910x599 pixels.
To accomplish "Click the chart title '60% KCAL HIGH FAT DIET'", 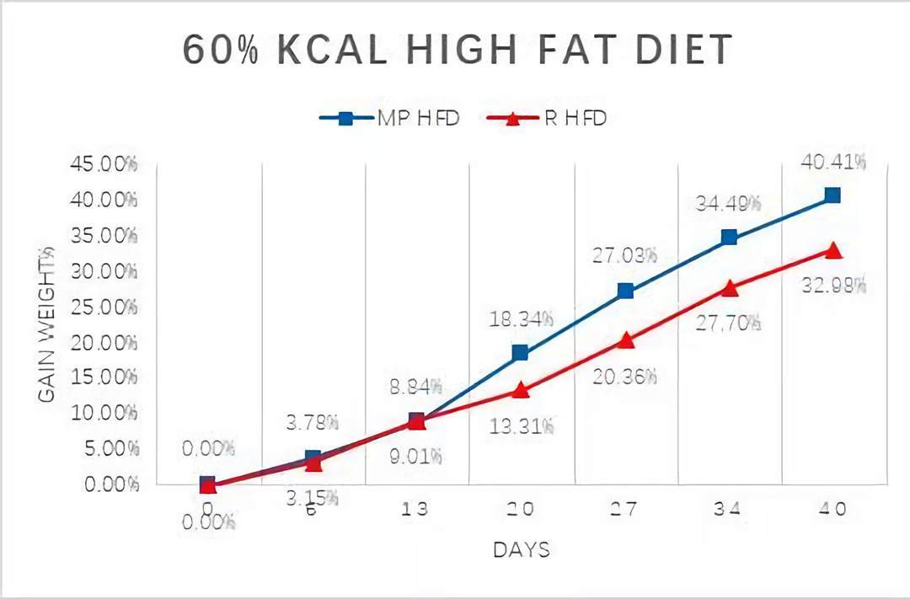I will pyautogui.click(x=458, y=51).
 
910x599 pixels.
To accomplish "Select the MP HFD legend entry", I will pyautogui.click(x=389, y=118).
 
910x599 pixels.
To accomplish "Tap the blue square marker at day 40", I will pyautogui.click(x=832, y=195).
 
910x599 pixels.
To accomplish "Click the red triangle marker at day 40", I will pyautogui.click(x=832, y=250).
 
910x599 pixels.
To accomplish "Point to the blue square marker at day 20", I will pyautogui.click(x=521, y=352).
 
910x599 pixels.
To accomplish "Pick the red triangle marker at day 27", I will pyautogui.click(x=625, y=340).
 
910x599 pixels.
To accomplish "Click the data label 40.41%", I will pyautogui.click(x=832, y=162).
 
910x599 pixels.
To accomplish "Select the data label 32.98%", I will pyautogui.click(x=832, y=285).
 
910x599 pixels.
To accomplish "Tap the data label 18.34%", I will pyautogui.click(x=521, y=318).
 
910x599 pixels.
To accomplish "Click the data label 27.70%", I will pyautogui.click(x=729, y=322).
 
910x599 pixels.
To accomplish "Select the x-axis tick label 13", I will pyautogui.click(x=416, y=509).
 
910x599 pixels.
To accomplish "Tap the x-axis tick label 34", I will pyautogui.click(x=729, y=509).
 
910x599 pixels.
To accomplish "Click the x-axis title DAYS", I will pyautogui.click(x=521, y=550).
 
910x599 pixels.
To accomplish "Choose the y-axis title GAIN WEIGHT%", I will pyautogui.click(x=47, y=324).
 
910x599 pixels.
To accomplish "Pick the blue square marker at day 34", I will pyautogui.click(x=729, y=238).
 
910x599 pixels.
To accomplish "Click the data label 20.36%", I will pyautogui.click(x=625, y=377).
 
